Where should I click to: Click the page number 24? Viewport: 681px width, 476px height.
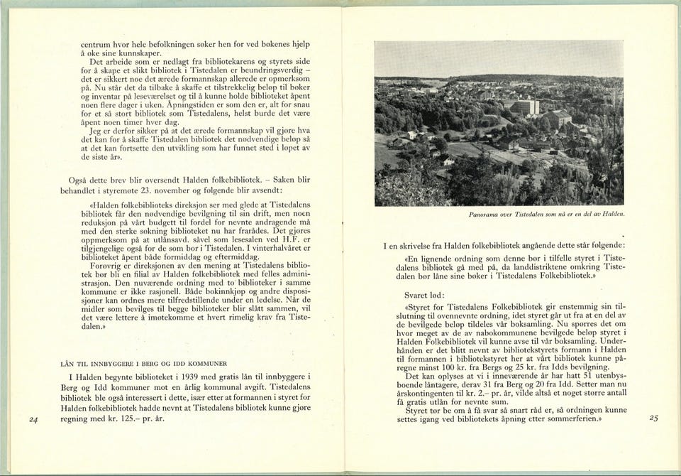pos(33,420)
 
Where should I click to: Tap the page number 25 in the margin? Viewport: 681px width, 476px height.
pos(653,418)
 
